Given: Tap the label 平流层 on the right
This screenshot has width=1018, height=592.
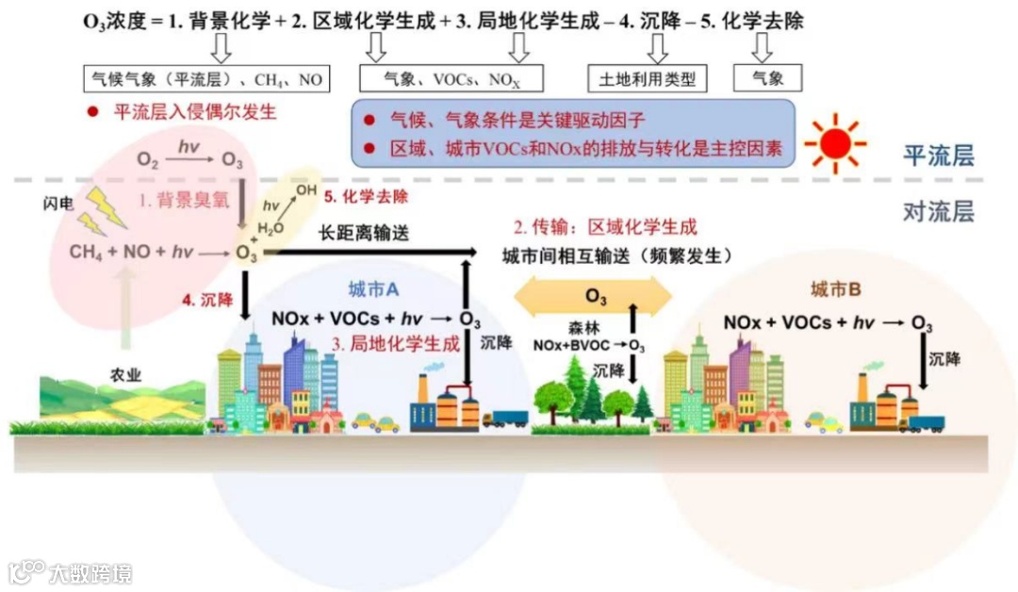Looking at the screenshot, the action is [x=938, y=156].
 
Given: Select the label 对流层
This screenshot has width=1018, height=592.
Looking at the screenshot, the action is [x=938, y=211].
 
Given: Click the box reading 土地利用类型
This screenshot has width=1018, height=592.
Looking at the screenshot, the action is [x=647, y=78].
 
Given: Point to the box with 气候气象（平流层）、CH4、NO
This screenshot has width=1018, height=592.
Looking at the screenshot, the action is [x=205, y=78].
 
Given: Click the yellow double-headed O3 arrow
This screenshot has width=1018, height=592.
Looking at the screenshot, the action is [x=593, y=296].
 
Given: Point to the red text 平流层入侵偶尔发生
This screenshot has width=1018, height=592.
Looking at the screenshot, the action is [x=195, y=111].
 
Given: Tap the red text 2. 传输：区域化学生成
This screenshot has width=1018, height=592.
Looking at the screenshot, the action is [x=604, y=227].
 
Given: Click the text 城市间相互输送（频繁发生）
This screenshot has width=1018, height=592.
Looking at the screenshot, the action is [x=616, y=256].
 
